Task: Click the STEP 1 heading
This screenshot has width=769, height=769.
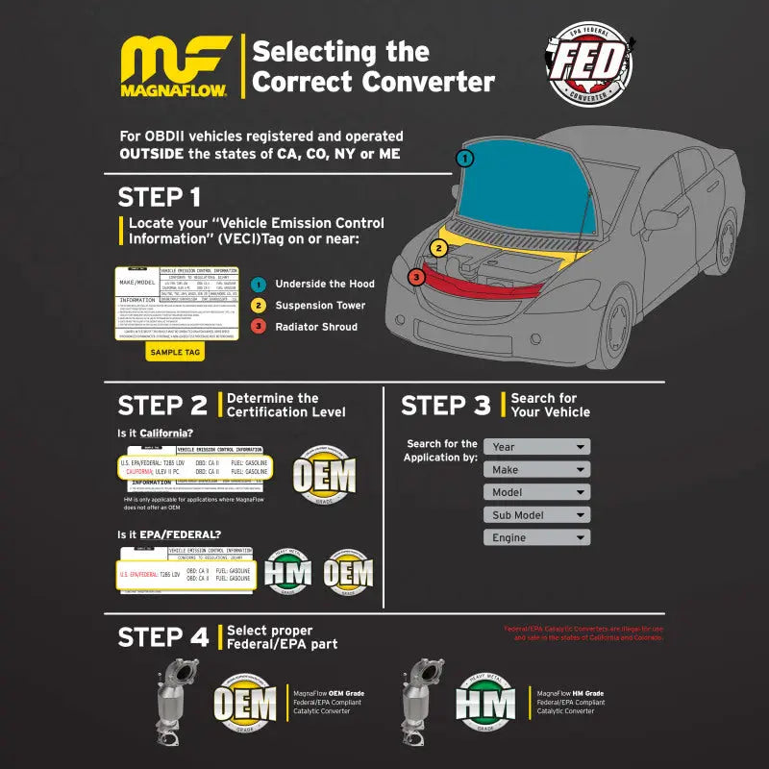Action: point(159,197)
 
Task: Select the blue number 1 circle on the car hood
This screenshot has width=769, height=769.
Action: point(465,159)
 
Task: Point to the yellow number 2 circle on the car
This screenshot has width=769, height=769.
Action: point(439,248)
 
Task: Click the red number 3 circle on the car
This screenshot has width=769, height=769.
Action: point(415,277)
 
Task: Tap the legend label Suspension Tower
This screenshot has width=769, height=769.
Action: point(320,306)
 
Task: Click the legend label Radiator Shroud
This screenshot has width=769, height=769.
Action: point(315,327)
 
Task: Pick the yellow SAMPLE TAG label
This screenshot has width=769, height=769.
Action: point(174,352)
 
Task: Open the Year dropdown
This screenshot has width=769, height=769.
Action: point(536,447)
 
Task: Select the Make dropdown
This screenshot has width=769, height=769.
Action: point(536,470)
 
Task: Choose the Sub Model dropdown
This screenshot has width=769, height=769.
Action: point(536,515)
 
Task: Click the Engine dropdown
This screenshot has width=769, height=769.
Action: point(536,538)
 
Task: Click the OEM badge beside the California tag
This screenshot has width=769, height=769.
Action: point(323,475)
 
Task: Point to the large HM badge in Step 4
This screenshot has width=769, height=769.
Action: point(485,702)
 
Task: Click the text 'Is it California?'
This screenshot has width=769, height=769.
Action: point(155,434)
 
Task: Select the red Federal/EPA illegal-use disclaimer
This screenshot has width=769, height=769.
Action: point(583,633)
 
